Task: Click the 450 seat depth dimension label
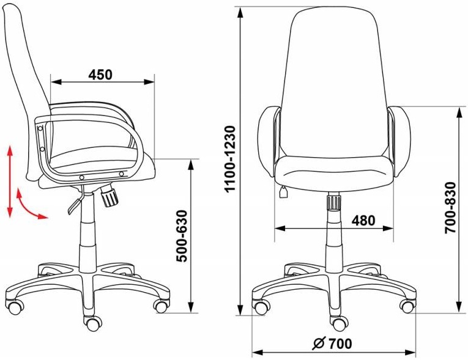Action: click(100, 75)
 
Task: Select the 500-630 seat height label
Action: click(182, 236)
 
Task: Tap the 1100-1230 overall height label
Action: click(231, 160)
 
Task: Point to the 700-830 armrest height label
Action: click(450, 208)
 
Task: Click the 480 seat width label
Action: click(363, 221)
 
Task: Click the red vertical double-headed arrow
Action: click(10, 182)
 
